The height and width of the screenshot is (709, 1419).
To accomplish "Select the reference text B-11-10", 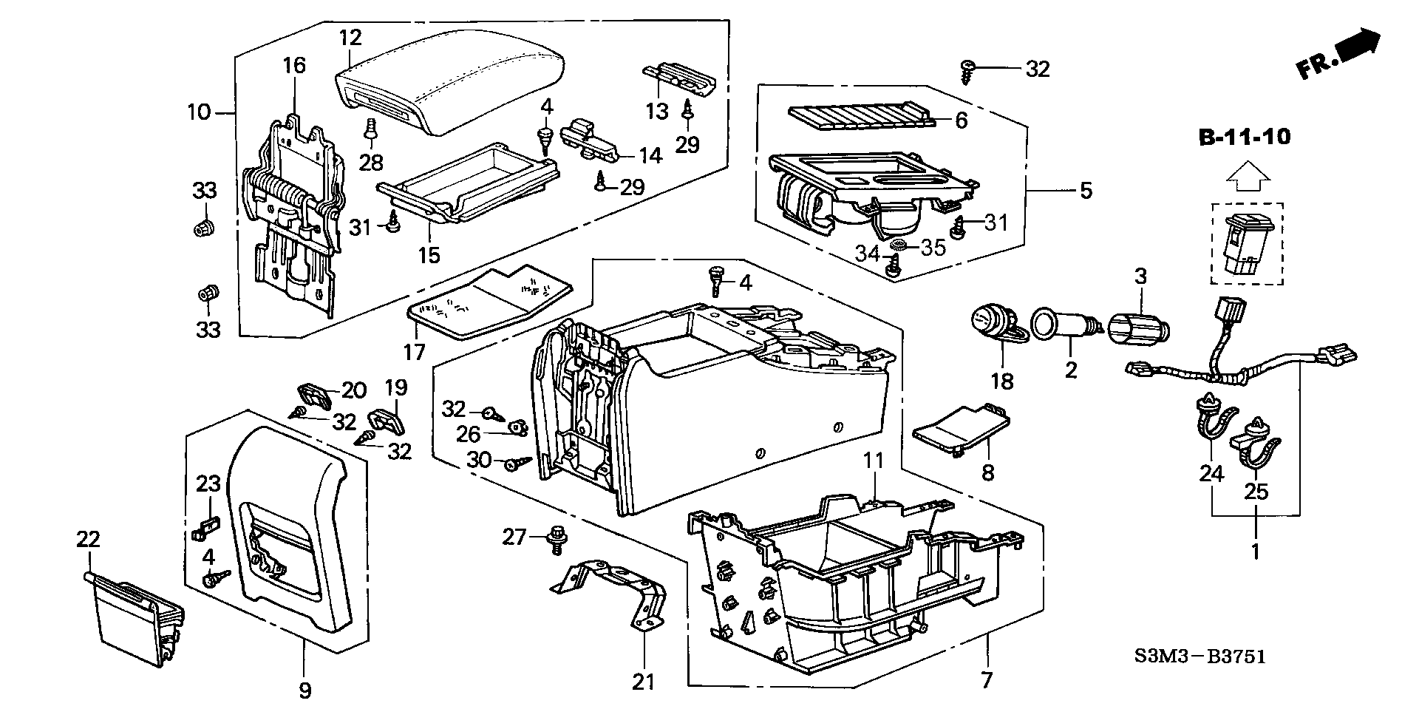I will [1245, 138].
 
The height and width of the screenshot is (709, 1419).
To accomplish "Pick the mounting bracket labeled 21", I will [613, 591].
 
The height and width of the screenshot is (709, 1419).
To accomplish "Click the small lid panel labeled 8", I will [961, 432].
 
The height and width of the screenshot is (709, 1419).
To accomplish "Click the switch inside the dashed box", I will [1246, 244].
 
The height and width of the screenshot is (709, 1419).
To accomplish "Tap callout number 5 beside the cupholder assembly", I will [1085, 191].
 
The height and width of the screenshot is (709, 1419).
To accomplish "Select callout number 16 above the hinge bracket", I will [293, 65].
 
